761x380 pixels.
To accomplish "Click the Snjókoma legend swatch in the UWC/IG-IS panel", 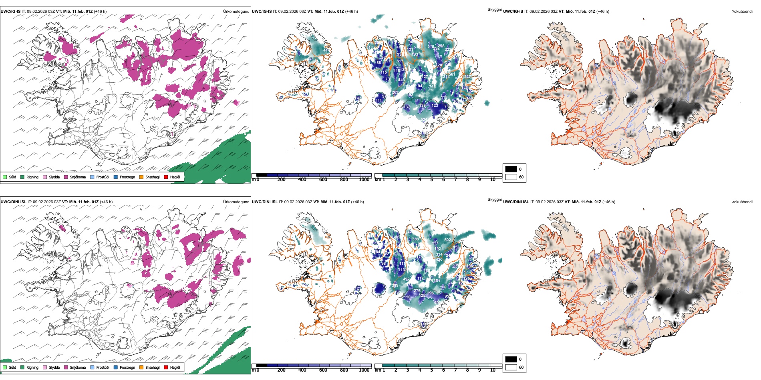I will tap(66, 177).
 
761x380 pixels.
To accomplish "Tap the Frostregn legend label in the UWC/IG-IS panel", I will tap(127, 177).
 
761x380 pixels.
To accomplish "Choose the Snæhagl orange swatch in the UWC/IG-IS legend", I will tap(141, 177).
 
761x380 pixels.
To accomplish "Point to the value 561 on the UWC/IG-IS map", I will tap(452, 74).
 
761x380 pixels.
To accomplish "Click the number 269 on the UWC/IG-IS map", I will tap(395, 92).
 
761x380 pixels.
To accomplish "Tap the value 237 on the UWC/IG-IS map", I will tap(467, 77).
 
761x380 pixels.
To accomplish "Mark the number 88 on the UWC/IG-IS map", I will tap(378, 63).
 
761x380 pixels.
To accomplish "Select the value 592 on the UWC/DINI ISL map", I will tap(447, 240).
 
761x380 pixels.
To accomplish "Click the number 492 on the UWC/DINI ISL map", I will tap(406, 279).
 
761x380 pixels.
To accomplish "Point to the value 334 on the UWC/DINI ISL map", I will tap(439, 254).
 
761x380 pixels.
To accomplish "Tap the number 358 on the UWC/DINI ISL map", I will tap(415, 239).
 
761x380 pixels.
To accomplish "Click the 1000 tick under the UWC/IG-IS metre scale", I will tap(364, 180).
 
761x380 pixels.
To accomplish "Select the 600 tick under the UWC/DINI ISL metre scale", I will tap(323, 370).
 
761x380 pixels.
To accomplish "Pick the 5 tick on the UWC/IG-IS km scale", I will tap(431, 180).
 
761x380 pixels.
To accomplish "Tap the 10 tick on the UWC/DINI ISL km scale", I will tap(493, 370).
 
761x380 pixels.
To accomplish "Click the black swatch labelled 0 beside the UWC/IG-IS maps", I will tap(511, 169).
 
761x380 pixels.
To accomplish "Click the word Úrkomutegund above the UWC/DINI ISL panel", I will tap(236, 202).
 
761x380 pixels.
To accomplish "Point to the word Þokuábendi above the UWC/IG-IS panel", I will tap(742, 12).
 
